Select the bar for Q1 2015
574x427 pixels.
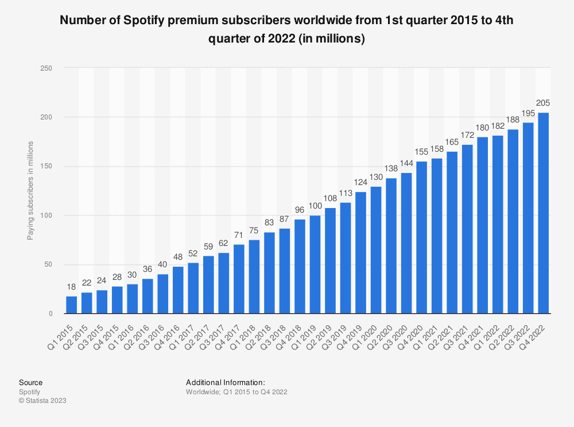click(x=71, y=305)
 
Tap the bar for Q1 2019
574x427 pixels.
click(x=315, y=264)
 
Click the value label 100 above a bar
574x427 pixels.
click(x=315, y=206)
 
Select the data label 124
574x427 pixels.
click(x=360, y=183)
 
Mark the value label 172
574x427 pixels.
click(x=467, y=136)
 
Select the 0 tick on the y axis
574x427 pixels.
click(x=51, y=314)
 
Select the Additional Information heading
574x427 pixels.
click(x=225, y=382)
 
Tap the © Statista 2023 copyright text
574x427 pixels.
click(x=42, y=401)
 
